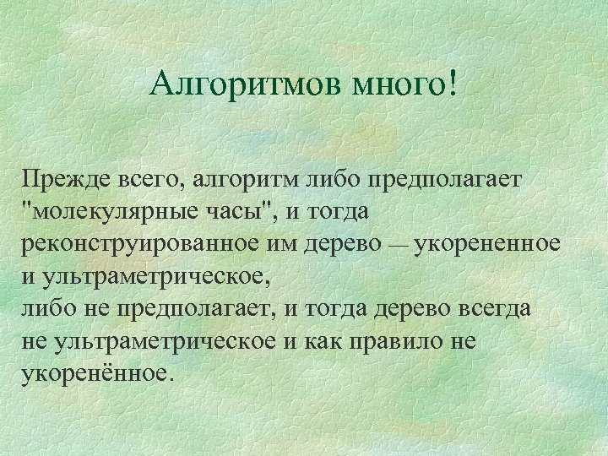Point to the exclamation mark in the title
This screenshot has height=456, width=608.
(x=456, y=82)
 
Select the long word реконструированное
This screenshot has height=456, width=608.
(x=151, y=243)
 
